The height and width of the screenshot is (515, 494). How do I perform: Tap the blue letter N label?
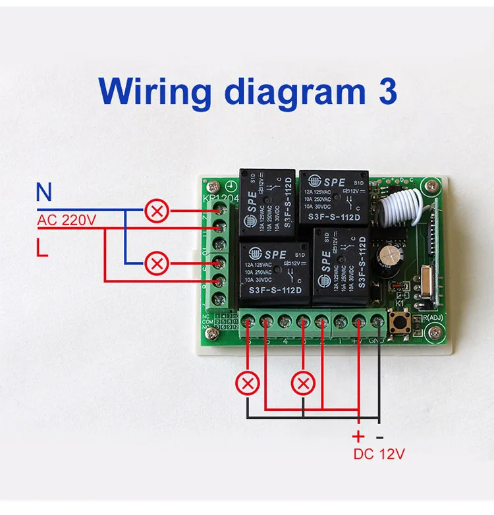[x=43, y=193]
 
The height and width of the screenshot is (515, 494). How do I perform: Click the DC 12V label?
[x=379, y=454]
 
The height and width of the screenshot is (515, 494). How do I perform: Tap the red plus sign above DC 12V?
[x=358, y=436]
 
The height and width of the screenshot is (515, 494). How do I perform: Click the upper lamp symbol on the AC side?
[x=157, y=211]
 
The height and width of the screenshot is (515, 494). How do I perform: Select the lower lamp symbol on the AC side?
[x=157, y=264]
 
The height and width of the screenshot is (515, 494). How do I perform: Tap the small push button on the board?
[x=399, y=323]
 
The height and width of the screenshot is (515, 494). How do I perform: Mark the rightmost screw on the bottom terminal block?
[x=377, y=322]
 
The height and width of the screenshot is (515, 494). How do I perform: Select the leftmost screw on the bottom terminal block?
[x=248, y=322]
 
